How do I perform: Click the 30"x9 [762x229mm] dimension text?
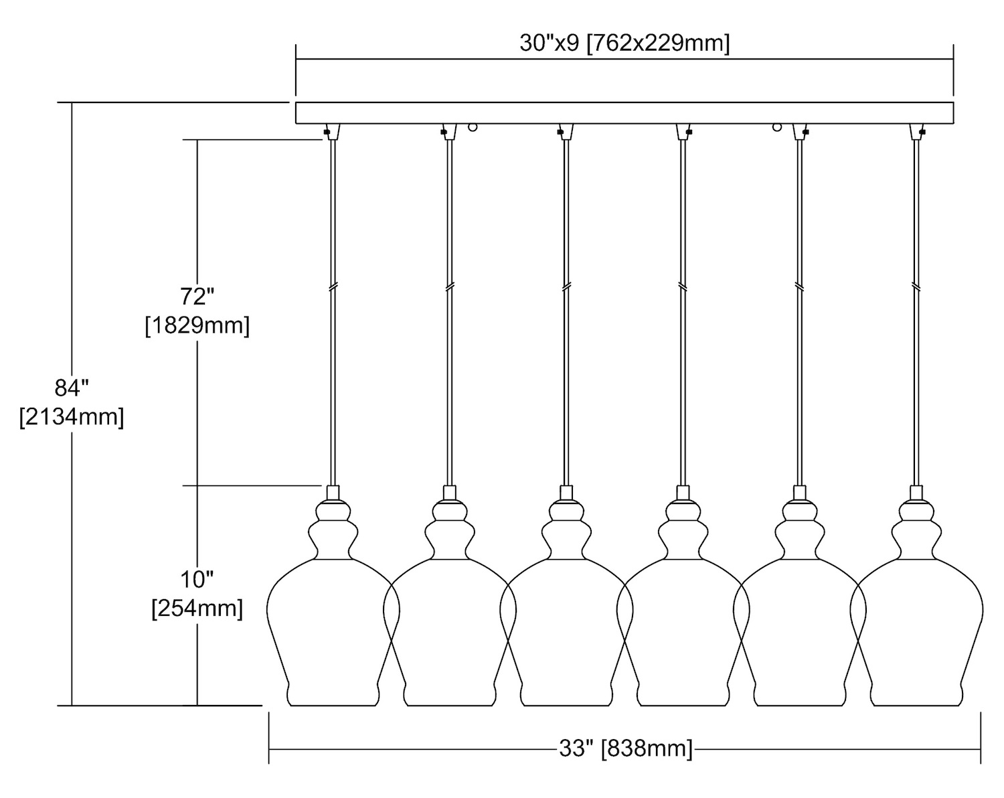pyautogui.click(x=624, y=44)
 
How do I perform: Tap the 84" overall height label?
pyautogui.click(x=72, y=388)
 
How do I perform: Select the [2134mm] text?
pyautogui.click(x=72, y=417)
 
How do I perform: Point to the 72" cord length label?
pyautogui.click(x=197, y=296)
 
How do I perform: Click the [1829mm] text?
pyautogui.click(x=197, y=326)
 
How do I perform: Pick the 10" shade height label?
pyautogui.click(x=197, y=578)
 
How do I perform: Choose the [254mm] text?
pyautogui.click(x=197, y=609)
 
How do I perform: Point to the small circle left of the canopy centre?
pyautogui.click(x=473, y=126)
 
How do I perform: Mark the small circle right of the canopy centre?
pyautogui.click(x=777, y=126)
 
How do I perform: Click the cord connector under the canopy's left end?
pyautogui.click(x=332, y=131)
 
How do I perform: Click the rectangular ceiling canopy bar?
pyautogui.click(x=624, y=112)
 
